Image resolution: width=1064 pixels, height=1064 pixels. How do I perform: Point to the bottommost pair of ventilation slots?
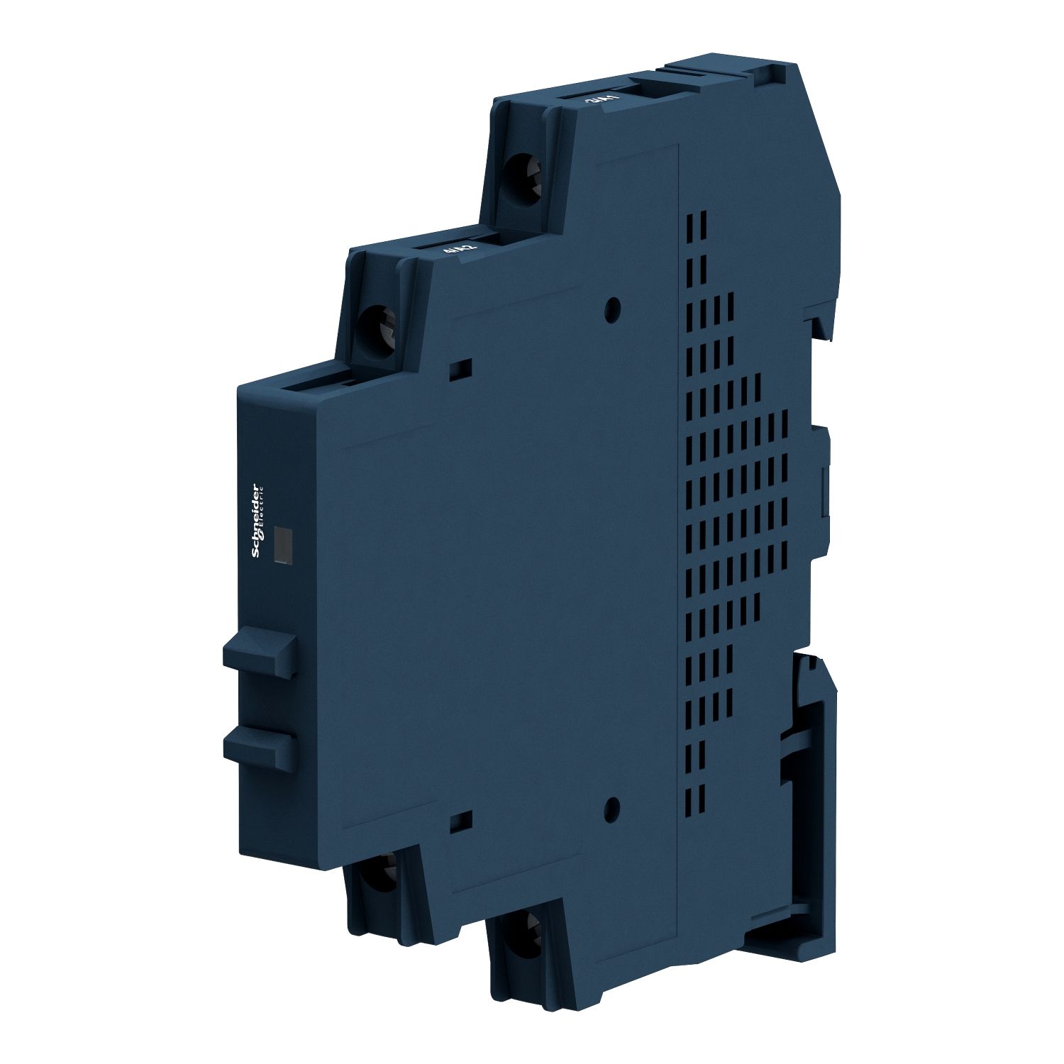(698, 794)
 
